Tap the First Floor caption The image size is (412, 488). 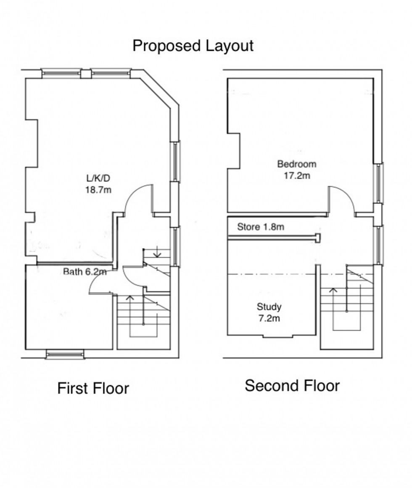pos(93,388)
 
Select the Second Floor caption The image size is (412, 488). pos(292,385)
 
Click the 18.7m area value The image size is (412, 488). pos(99,189)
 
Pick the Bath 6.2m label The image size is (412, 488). pos(85,272)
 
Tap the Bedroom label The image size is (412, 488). pos(296,164)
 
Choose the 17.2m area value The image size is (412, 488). pos(296,176)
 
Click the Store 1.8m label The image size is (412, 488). pos(261,227)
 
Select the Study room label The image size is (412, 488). pos(269,307)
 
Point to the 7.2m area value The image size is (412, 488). pos(269,318)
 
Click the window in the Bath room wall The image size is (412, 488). pos(65,355)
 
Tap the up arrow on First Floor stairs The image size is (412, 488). pos(130,299)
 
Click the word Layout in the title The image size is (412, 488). pos(229,45)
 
